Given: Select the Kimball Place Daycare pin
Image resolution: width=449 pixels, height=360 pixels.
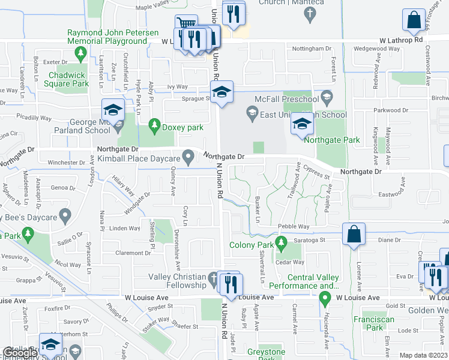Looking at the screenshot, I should pyautogui.click(x=188, y=158).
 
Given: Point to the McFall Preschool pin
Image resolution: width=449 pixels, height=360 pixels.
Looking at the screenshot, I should pyautogui.click(x=327, y=97).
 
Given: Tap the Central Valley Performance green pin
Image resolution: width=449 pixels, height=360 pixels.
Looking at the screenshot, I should pyautogui.click(x=326, y=297).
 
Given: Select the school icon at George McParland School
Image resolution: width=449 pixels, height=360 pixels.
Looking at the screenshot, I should pyautogui.click(x=112, y=110).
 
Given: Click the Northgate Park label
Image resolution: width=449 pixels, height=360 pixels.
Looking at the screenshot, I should pyautogui.click(x=331, y=140).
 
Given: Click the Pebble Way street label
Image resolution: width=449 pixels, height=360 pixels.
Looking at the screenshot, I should pyautogui.click(x=294, y=226).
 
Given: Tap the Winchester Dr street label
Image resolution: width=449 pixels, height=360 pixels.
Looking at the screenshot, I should pyautogui.click(x=67, y=162).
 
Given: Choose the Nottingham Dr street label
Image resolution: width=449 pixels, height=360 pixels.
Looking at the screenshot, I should pyautogui.click(x=311, y=49).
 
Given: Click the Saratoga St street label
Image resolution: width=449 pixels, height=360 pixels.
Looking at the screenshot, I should pyautogui.click(x=309, y=240).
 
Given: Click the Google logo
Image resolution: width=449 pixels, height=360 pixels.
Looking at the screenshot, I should pyautogui.click(x=19, y=353).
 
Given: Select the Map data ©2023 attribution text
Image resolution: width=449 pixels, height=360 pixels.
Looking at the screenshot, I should pyautogui.click(x=424, y=355).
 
